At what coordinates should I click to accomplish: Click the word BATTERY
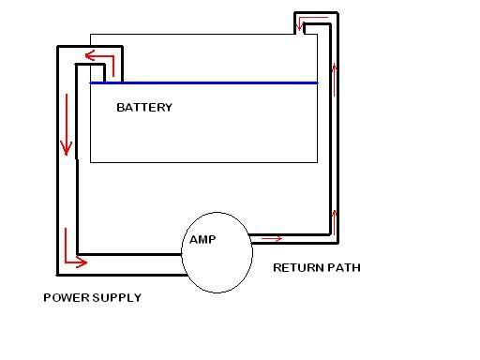[143, 107]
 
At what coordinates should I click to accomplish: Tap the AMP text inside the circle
[202, 240]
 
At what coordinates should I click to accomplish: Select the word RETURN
[296, 268]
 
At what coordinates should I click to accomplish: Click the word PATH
[342, 268]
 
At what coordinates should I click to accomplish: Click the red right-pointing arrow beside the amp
[271, 239]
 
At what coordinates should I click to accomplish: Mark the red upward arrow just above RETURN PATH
[335, 221]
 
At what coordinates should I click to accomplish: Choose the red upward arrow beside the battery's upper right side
[334, 68]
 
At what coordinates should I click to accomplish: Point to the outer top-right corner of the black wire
[337, 13]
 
